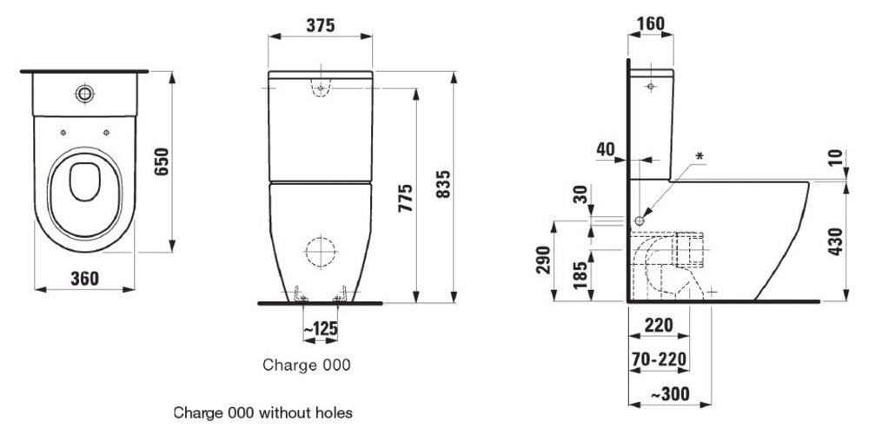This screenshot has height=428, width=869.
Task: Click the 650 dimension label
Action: (162, 161)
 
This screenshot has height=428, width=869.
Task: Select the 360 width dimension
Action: (84, 278)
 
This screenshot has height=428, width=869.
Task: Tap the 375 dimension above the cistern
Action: (320, 25)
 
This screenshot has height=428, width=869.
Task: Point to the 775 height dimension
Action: (405, 199)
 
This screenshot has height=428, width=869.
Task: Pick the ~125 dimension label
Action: (321, 329)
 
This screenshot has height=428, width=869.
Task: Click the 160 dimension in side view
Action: (650, 23)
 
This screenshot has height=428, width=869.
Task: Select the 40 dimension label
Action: (606, 149)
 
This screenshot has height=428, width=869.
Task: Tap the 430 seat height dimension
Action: (837, 240)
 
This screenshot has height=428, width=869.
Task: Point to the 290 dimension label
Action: (544, 260)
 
